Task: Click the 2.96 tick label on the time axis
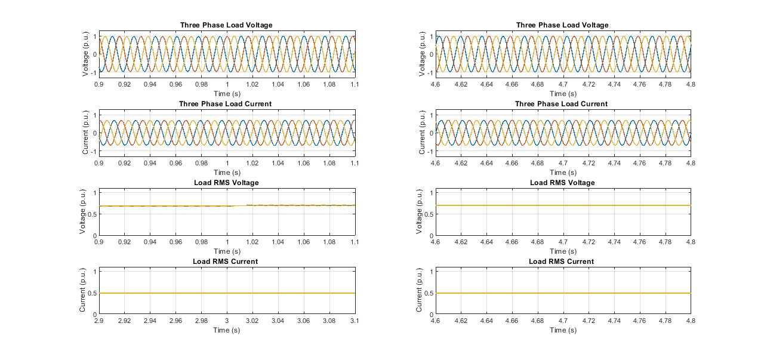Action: (175, 321)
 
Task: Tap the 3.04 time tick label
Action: (278, 321)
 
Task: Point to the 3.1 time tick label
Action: (355, 321)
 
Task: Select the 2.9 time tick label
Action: (99, 321)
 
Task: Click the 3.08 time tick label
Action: (329, 321)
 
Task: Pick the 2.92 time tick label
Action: (124, 321)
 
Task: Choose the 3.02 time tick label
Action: (252, 321)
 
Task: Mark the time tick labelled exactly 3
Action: (227, 321)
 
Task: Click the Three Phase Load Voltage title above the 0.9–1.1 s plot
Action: (226, 25)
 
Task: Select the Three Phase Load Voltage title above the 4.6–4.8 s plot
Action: (562, 25)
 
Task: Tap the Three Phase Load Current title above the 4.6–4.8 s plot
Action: (562, 104)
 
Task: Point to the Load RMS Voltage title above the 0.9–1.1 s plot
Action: (226, 183)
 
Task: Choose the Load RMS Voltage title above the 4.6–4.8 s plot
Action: (562, 183)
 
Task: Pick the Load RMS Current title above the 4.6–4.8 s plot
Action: (561, 261)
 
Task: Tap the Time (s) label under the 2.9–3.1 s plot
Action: (227, 330)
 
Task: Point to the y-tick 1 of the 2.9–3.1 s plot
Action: (94, 271)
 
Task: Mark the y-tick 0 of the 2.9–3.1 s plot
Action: (94, 315)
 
